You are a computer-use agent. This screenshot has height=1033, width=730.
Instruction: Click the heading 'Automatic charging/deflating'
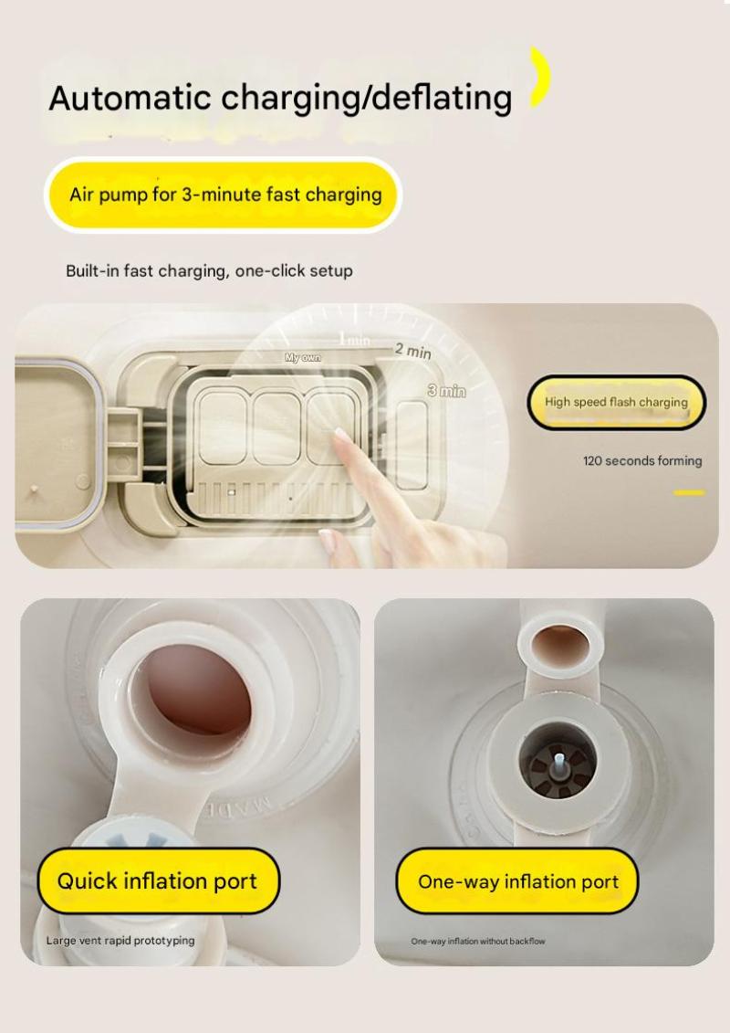click(x=280, y=98)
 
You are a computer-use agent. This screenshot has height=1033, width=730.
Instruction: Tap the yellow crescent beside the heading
click(x=541, y=77)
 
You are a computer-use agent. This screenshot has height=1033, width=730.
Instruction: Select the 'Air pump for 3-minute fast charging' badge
click(x=224, y=195)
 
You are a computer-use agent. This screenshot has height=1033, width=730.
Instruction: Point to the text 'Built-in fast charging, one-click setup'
click(x=209, y=270)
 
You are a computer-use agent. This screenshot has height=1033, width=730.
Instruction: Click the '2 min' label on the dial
click(x=413, y=351)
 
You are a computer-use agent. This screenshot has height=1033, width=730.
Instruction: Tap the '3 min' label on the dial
click(x=447, y=391)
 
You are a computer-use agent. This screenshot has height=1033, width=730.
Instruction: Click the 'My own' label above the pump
click(x=302, y=358)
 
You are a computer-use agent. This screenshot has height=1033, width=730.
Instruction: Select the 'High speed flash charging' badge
click(x=616, y=402)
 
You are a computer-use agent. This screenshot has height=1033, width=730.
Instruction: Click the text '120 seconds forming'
click(x=642, y=461)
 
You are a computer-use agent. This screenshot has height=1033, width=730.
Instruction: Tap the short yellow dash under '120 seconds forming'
click(x=689, y=492)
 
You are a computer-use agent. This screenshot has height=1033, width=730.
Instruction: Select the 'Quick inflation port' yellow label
click(x=158, y=880)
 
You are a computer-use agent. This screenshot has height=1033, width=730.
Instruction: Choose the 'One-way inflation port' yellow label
click(x=517, y=880)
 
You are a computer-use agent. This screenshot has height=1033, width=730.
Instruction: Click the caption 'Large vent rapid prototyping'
click(x=120, y=940)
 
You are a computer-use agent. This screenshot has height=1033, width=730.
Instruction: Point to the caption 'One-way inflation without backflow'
click(x=478, y=941)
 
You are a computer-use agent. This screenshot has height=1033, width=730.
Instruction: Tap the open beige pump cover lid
click(x=56, y=445)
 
